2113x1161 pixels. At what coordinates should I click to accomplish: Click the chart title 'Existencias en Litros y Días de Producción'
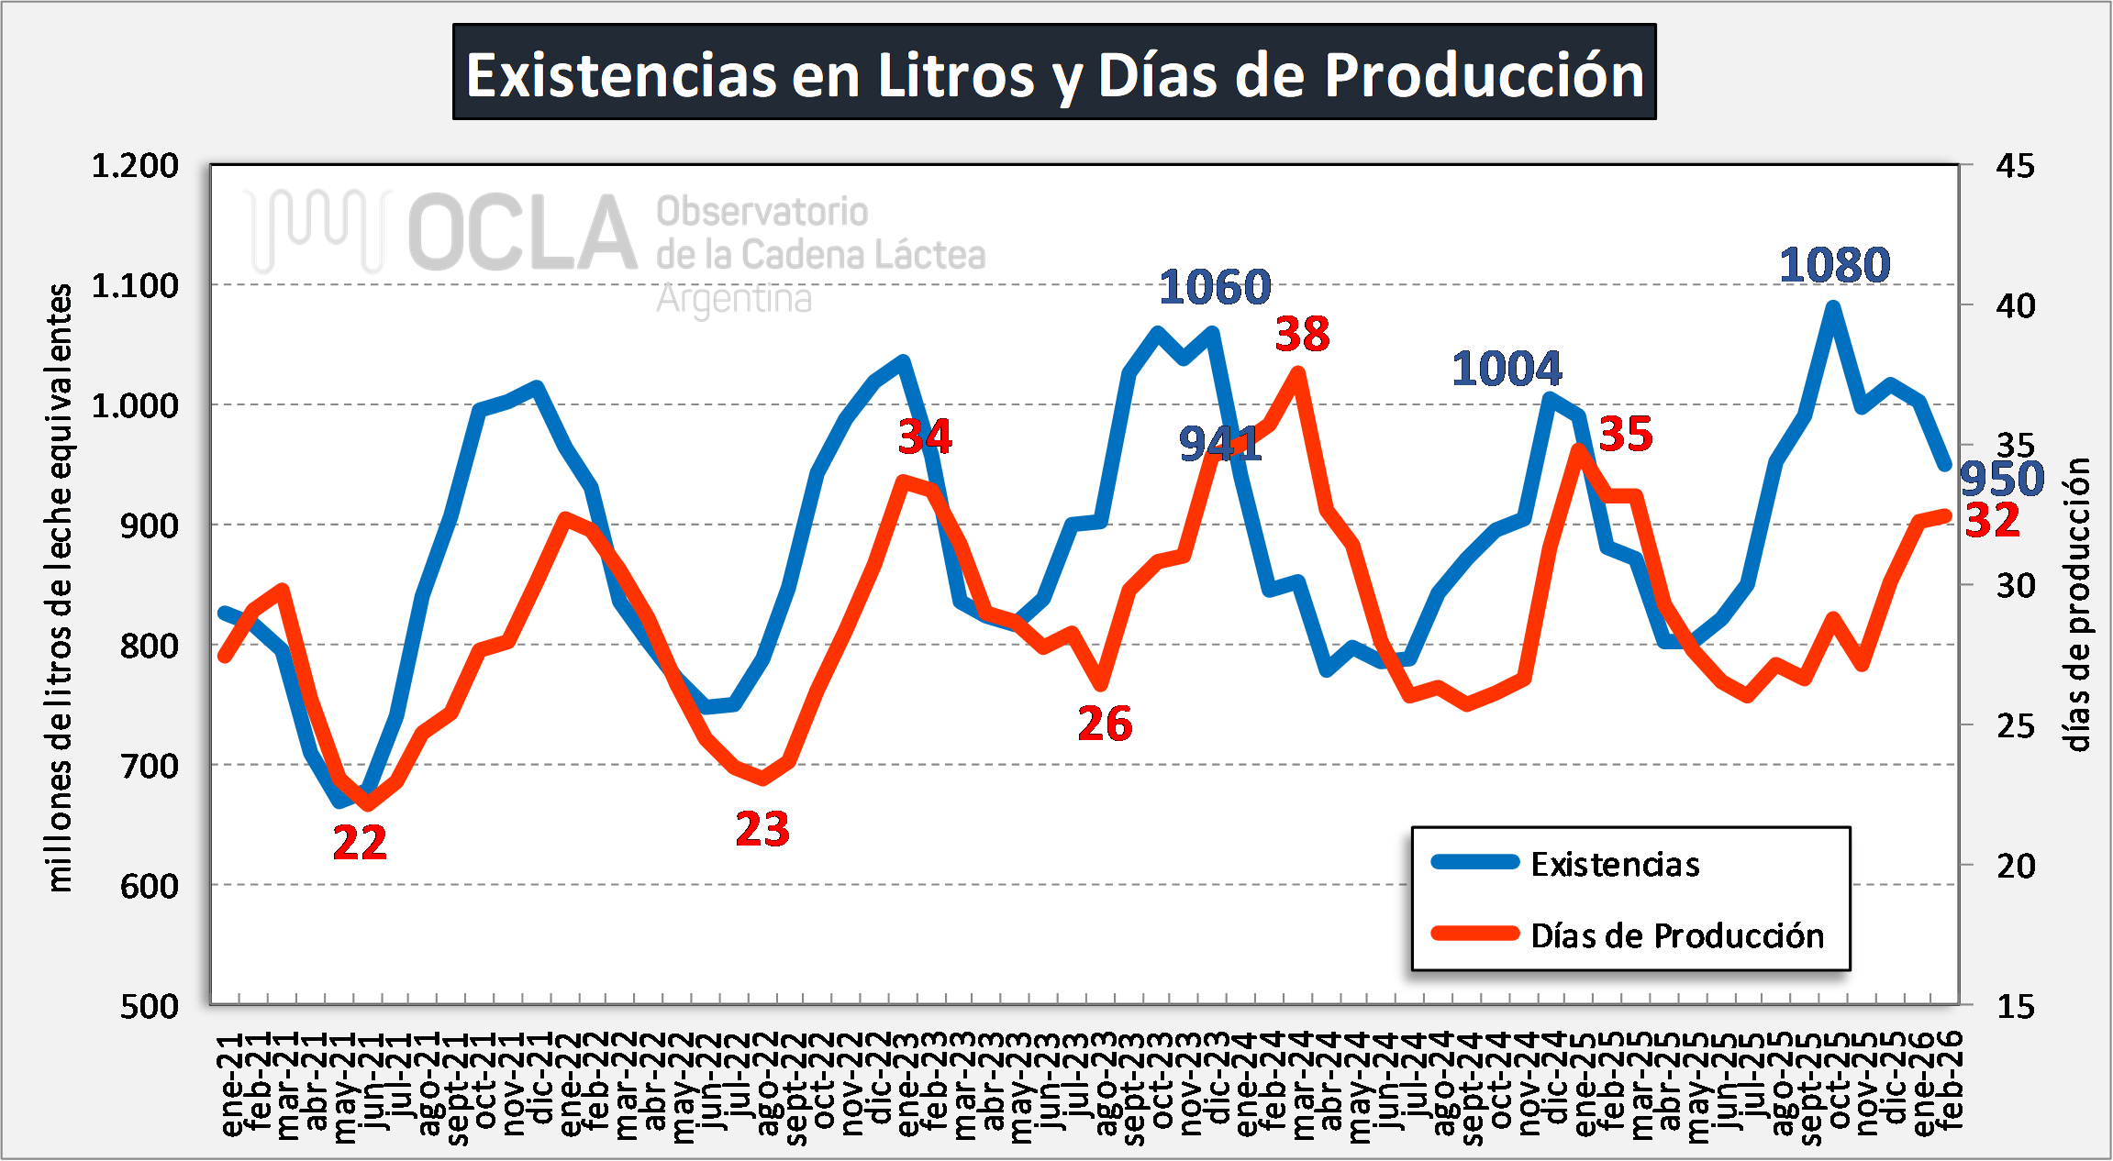1054,73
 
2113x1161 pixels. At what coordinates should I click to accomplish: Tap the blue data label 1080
1834,266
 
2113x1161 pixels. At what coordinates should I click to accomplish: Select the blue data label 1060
1215,288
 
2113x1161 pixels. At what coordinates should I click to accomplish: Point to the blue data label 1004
1507,370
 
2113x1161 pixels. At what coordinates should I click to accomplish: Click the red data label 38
1302,335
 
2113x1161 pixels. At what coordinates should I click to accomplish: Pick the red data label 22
360,843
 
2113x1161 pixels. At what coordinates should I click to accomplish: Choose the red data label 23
762,830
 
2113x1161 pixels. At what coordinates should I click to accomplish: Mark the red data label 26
1105,724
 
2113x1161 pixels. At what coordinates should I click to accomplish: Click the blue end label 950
2002,480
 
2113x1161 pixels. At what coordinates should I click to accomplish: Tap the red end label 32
1993,521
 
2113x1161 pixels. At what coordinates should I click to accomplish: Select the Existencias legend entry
1615,864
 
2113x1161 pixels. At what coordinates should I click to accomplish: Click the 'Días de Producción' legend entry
1677,935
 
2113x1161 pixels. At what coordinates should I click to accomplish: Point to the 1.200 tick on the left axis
135,166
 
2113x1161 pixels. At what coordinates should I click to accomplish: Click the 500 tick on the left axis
149,1006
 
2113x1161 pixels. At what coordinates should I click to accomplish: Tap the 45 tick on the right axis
2015,166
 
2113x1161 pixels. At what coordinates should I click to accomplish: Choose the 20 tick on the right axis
2015,865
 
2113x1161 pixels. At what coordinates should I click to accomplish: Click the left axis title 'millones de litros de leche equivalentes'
59,587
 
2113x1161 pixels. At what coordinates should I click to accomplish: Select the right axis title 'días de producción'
2079,605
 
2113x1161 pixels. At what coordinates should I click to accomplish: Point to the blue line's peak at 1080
1832,307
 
